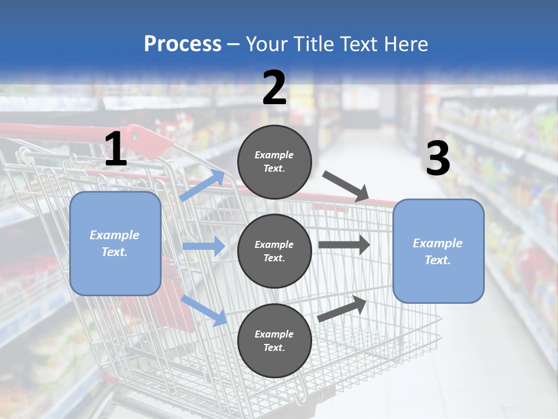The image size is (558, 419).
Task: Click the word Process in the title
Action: point(183,44)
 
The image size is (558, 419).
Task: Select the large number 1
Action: point(116,150)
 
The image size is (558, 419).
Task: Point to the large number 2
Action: point(274,88)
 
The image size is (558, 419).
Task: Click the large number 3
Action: point(438,159)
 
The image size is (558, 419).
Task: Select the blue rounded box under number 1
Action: point(115,243)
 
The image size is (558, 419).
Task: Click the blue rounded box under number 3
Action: point(438,251)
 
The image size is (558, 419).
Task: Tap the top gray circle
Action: point(274,162)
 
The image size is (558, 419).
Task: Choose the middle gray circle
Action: point(274,251)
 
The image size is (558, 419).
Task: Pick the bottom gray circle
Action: point(274,340)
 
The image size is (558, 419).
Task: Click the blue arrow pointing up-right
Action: point(203,185)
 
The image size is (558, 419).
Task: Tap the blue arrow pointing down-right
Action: point(204,310)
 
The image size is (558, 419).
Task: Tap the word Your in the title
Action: point(267,44)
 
